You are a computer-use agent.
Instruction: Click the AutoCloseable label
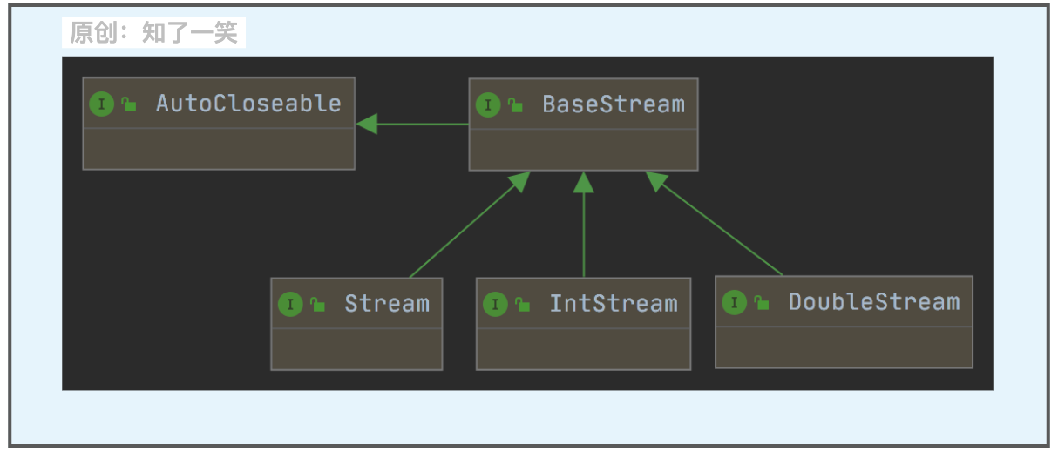[x=248, y=104]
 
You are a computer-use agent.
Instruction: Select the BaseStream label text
[x=614, y=104]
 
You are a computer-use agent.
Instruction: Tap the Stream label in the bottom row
[x=386, y=304]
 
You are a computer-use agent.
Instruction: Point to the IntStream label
[x=613, y=304]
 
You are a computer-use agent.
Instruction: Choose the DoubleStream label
[x=873, y=302]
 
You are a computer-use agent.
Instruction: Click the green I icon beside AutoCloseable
[x=102, y=104]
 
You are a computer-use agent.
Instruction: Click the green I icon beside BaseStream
[x=488, y=105]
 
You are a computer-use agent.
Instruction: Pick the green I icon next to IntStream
[x=495, y=305]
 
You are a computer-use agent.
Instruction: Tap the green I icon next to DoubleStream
[x=735, y=303]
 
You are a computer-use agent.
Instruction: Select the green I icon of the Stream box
[x=290, y=305]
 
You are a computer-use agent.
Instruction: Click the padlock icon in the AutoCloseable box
[x=129, y=104]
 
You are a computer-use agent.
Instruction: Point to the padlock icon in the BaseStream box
[x=515, y=105]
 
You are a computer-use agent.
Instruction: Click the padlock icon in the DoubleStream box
[x=762, y=303]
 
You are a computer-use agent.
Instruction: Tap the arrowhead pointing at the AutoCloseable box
[x=366, y=125]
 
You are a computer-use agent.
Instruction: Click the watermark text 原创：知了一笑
[x=153, y=33]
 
